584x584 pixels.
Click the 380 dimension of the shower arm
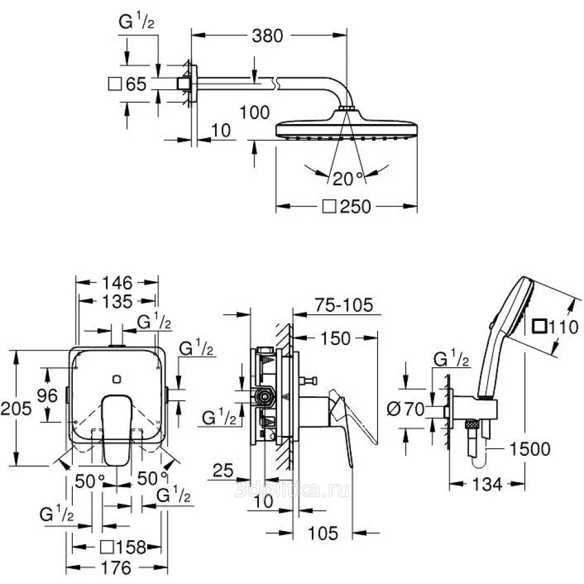coord(267,36)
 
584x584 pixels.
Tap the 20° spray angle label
coord(347,179)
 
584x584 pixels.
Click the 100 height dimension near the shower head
coord(255,113)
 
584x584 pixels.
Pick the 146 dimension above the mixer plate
coord(117,283)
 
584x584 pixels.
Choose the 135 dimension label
coord(117,301)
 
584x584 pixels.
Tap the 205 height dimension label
coord(16,409)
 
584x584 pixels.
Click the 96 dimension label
coord(48,396)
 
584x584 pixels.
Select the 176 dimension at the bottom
coord(116,568)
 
